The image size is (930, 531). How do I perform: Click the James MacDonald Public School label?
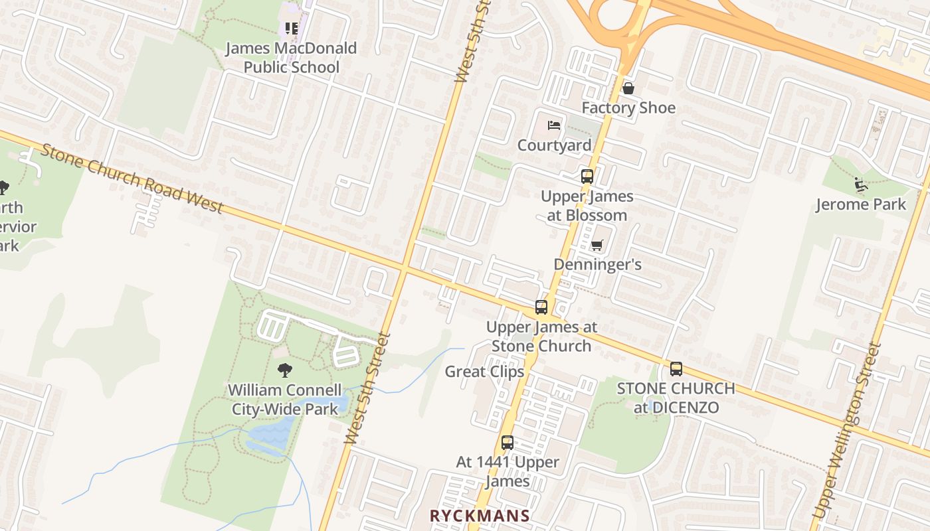pos(291,58)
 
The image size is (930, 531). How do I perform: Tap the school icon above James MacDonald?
pos(291,29)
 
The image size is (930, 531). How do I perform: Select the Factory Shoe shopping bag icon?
pos(628,88)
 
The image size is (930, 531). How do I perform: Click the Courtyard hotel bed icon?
pos(554,125)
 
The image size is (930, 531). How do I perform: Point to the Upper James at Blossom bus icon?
pos(587,177)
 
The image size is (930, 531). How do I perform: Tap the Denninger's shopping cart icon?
pos(597,246)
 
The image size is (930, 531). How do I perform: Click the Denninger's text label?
pos(597,265)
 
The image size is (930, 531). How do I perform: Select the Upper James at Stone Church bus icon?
pos(541,307)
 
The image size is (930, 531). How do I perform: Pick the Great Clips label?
pos(484,372)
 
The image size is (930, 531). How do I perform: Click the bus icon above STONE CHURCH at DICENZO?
pos(676,369)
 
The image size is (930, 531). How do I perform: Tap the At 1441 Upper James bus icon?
pos(508,443)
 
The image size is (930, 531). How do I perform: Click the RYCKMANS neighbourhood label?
pos(480,516)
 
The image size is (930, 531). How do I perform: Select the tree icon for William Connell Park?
pos(285,370)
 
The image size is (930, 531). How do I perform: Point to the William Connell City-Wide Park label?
pos(285,400)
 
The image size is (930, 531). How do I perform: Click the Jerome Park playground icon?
pos(860,184)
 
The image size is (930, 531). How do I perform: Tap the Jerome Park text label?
pos(861,204)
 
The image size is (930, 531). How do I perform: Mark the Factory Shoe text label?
pos(628,108)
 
